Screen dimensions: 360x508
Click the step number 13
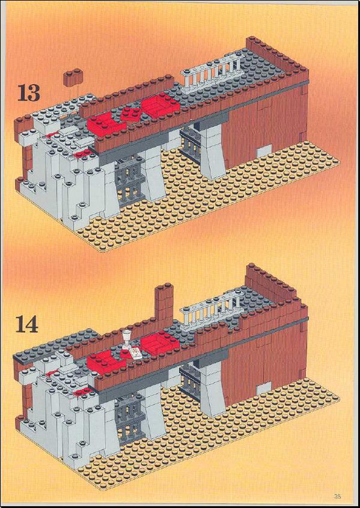click(28, 93)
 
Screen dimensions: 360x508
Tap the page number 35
click(338, 496)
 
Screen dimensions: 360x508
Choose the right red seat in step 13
click(160, 105)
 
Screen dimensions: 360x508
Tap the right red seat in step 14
click(159, 343)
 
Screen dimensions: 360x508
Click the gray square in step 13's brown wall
click(264, 151)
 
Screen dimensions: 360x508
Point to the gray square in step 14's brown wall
click(264, 388)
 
